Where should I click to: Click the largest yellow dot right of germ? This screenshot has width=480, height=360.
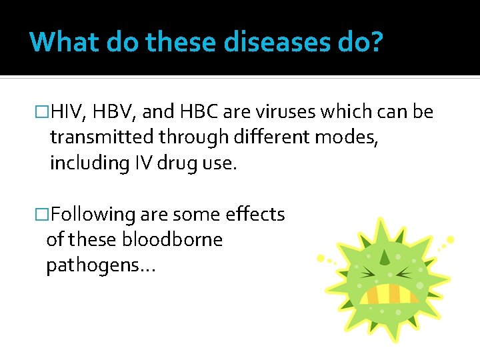(451, 239)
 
